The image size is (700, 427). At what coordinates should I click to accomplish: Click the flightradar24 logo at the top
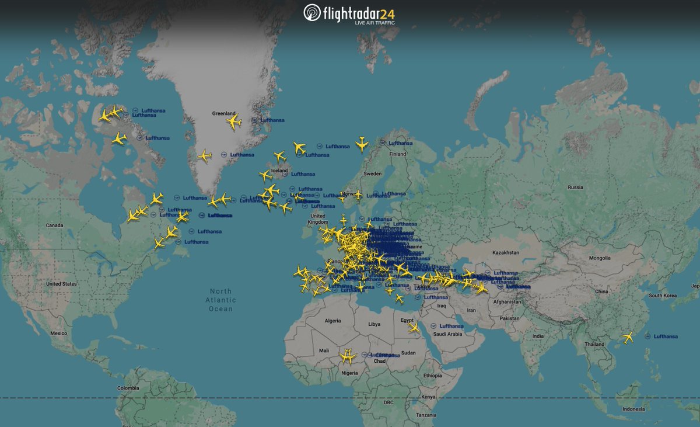(349, 13)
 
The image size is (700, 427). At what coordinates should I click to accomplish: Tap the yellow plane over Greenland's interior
(234, 121)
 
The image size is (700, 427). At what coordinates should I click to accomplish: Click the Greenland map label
(223, 113)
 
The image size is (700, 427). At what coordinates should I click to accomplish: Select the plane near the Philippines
(628, 337)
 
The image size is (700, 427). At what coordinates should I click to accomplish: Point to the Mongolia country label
(599, 258)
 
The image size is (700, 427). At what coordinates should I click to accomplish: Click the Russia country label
(575, 188)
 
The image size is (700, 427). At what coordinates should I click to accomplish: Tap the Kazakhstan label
(505, 252)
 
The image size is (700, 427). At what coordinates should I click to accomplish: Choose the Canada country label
(54, 225)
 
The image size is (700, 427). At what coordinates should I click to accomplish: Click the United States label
(61, 284)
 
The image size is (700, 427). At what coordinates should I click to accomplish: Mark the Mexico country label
(59, 333)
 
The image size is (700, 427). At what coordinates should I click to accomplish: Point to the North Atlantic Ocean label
(221, 300)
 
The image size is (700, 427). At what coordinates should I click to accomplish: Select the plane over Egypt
(414, 328)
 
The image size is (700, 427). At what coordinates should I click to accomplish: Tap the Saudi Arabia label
(447, 334)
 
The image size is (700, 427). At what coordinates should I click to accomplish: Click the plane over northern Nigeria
(348, 355)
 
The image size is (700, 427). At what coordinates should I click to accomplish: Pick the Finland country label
(398, 154)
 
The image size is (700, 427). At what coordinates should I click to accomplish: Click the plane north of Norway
(362, 143)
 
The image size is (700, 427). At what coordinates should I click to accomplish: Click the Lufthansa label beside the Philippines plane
(666, 336)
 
